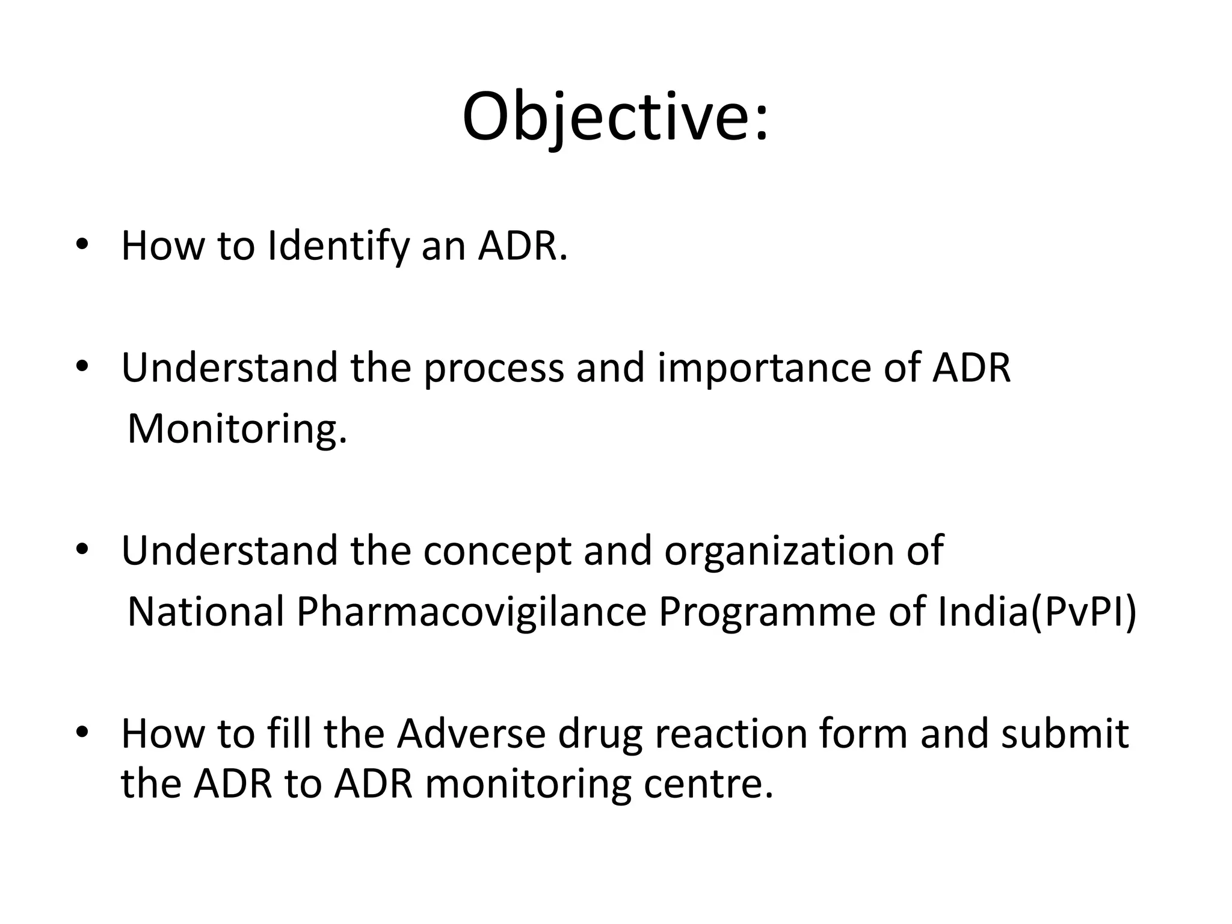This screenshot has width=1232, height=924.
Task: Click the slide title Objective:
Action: pos(615,117)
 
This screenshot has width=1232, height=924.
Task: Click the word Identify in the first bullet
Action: pos(337,246)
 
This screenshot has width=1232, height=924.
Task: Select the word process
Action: pos(493,368)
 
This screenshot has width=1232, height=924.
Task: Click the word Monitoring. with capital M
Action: pos(238,429)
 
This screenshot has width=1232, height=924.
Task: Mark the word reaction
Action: pos(730,734)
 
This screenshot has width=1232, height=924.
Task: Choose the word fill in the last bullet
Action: pos(288,734)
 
